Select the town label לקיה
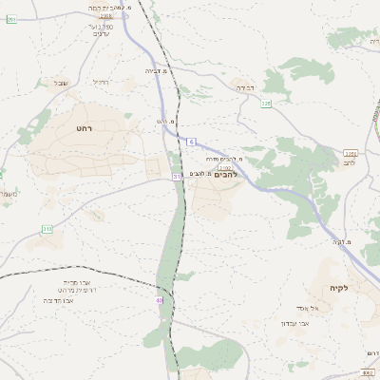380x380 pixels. (340, 288)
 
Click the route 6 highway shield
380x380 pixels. (191, 142)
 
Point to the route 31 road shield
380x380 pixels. (177, 177)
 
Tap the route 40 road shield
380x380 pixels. (160, 300)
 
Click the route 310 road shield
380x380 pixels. (47, 229)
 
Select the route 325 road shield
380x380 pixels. (266, 103)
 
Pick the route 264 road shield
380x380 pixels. (11, 19)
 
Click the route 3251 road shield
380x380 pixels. (351, 153)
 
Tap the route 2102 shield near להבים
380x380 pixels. (225, 167)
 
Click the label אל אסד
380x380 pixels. (333, 307)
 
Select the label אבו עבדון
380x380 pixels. (295, 323)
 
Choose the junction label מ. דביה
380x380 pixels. (157, 70)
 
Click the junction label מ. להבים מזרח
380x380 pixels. (229, 159)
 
